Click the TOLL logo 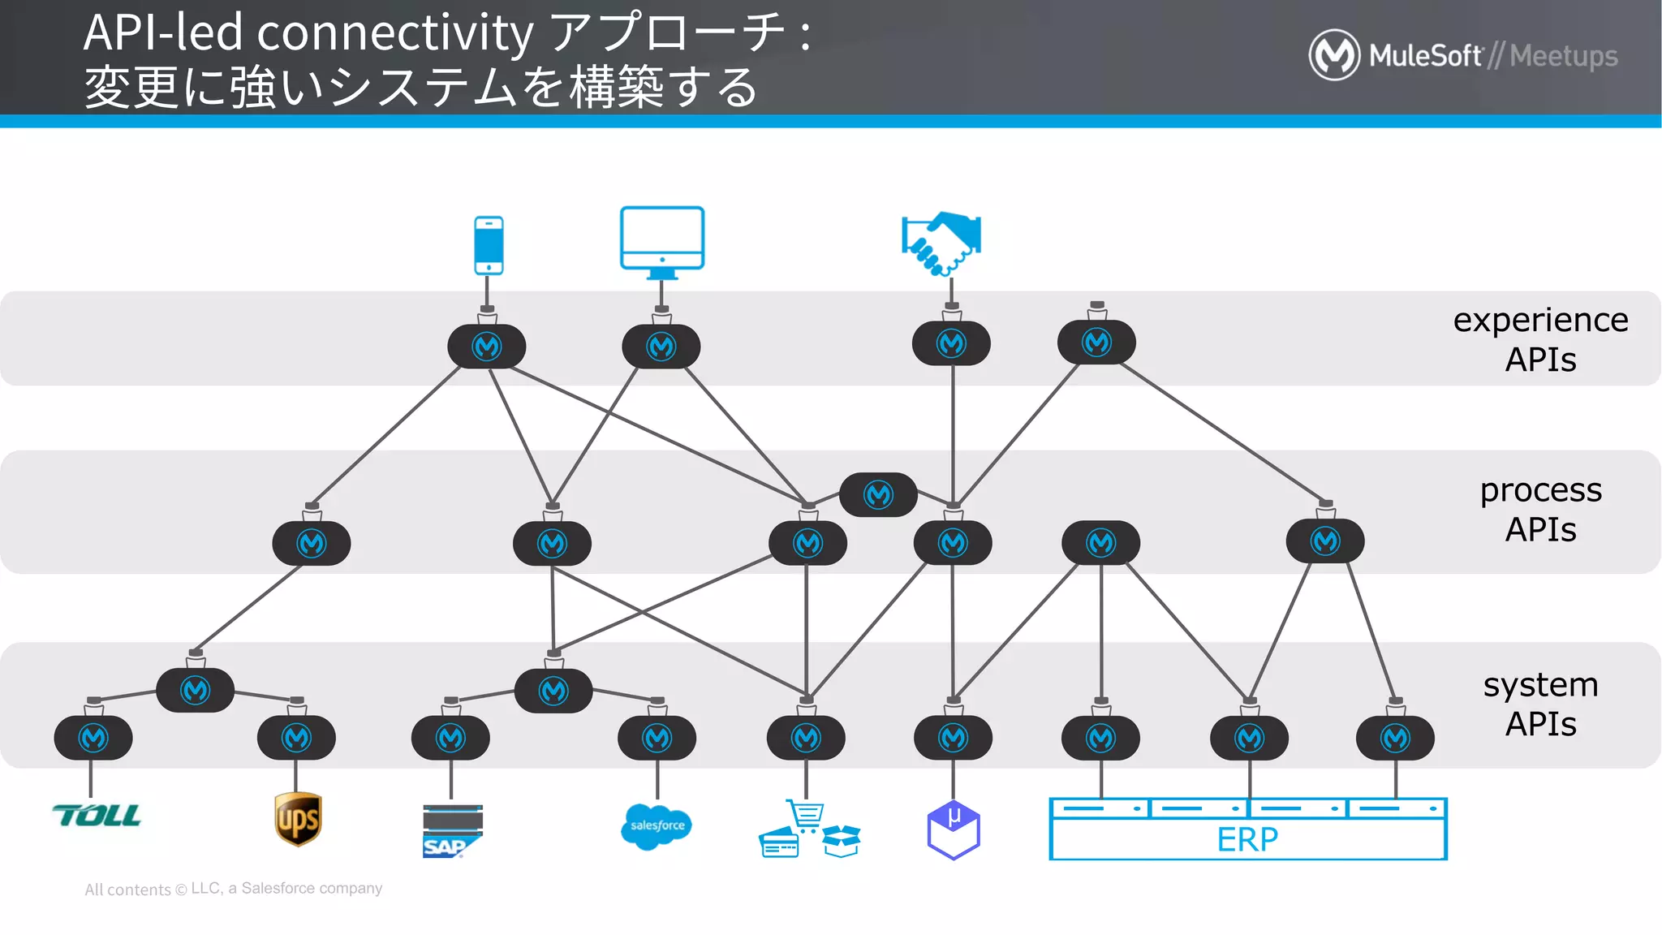coord(96,815)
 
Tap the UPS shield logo coord(298,819)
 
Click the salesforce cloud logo coord(657,826)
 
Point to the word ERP coord(1247,839)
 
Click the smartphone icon coord(489,245)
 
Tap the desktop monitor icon coord(662,241)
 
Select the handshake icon coord(941,243)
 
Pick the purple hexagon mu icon coord(954,829)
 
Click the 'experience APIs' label coord(1539,339)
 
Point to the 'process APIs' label coord(1539,510)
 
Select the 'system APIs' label coord(1539,704)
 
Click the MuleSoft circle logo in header coord(1333,55)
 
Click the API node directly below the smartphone coord(487,347)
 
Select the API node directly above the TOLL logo coord(93,738)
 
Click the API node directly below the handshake coord(951,344)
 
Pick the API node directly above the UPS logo coord(296,738)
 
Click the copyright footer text coord(234,889)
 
